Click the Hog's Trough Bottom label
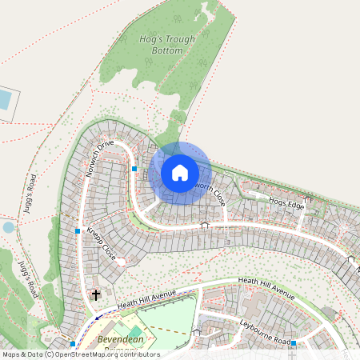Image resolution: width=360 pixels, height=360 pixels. point(162,44)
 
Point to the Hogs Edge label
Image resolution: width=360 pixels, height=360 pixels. point(286,203)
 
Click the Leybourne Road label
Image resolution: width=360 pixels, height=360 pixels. point(266,330)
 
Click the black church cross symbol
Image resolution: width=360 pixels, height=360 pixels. point(97,295)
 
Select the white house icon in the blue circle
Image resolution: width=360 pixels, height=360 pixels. point(180,173)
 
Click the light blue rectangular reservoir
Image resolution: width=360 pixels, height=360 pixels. point(5,100)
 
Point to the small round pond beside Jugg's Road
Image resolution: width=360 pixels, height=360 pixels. point(8,227)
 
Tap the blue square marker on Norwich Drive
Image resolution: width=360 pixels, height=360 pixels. point(134,169)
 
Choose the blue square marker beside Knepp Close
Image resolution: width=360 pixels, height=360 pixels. point(78,230)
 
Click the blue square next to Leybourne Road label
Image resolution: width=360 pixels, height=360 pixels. point(294,343)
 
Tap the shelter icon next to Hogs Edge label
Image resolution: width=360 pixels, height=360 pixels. point(308,198)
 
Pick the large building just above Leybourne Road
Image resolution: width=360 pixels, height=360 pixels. point(260,305)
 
